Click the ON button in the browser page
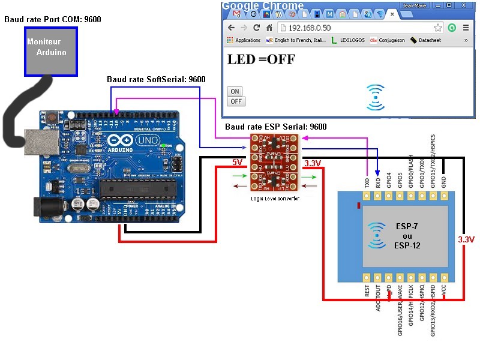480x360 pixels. [235, 92]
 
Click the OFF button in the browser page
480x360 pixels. [236, 101]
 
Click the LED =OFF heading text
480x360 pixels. [261, 59]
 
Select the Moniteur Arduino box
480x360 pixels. [50, 50]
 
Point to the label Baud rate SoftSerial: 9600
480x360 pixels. [156, 79]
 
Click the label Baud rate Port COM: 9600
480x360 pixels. [53, 19]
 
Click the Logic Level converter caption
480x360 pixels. [276, 198]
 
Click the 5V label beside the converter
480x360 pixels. [238, 162]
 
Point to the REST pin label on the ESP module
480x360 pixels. [367, 291]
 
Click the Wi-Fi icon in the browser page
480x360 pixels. [376, 97]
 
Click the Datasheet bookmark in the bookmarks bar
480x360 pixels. [430, 40]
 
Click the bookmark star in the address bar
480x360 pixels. [438, 28]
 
